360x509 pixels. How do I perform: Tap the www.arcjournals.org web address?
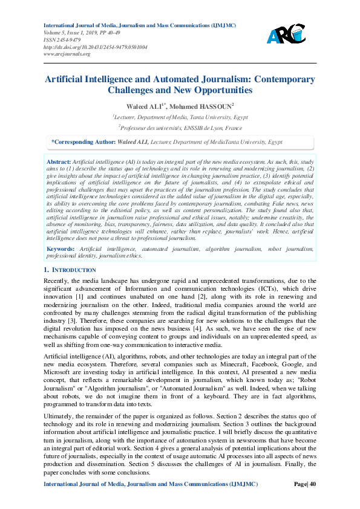67,54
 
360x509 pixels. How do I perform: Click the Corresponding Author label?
84,141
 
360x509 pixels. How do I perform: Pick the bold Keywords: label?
61,248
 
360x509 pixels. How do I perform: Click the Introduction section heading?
73,270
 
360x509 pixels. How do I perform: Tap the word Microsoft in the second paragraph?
58,373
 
